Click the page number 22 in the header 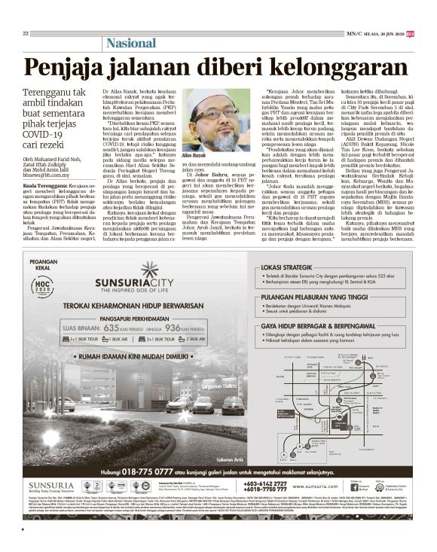pyautogui.click(x=25, y=33)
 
